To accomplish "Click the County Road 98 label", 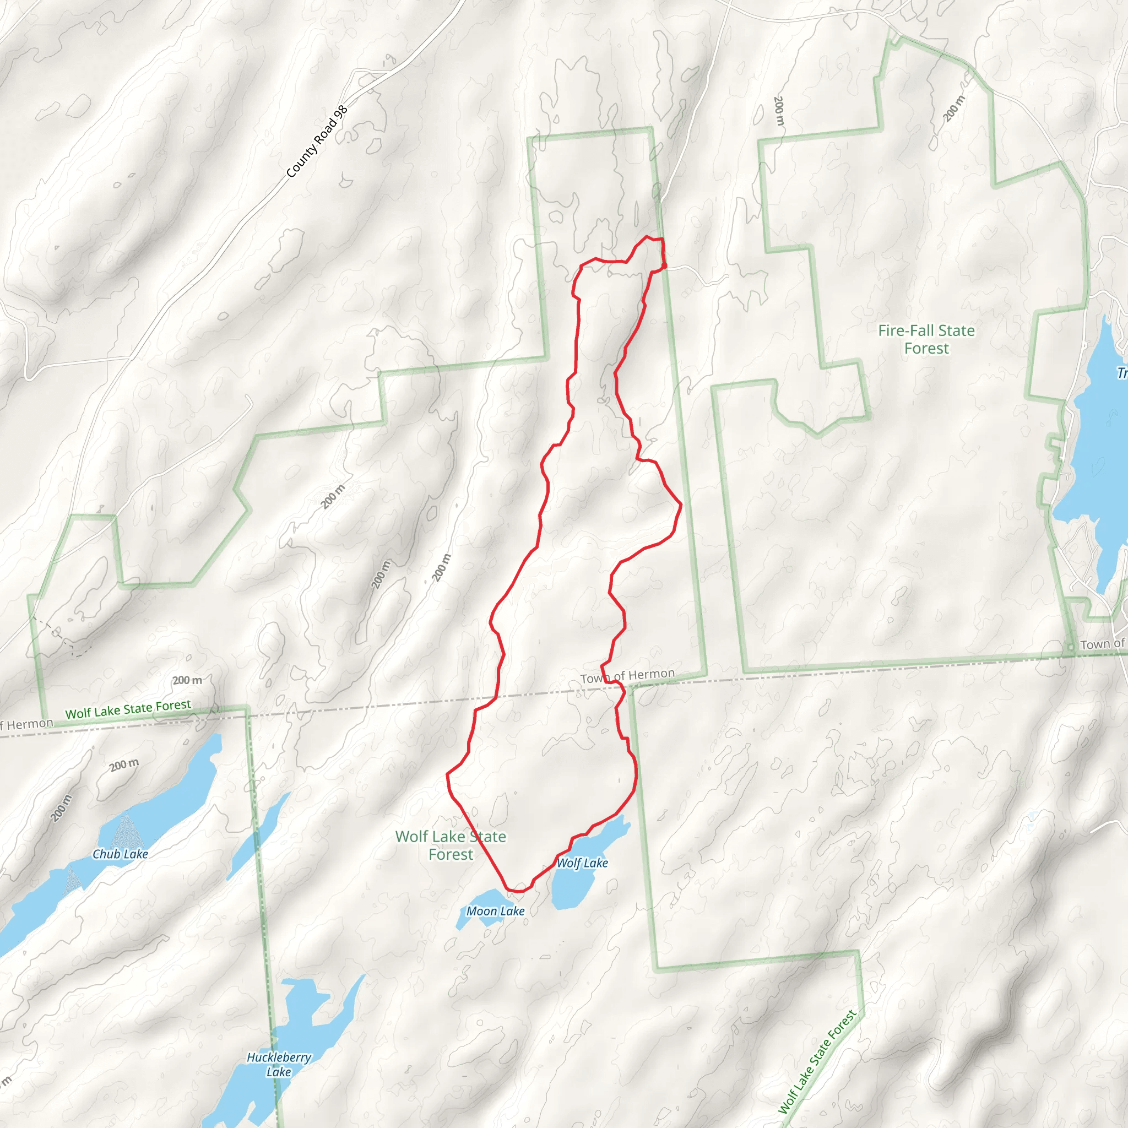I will point(317,142).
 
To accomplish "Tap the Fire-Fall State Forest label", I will point(926,339).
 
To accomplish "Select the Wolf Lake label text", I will point(582,863).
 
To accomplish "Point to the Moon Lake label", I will point(495,911).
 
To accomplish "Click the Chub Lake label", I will point(120,854).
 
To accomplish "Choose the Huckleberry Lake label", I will point(279,1064).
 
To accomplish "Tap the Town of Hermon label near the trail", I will point(628,676).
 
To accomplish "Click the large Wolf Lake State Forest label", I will point(451,845).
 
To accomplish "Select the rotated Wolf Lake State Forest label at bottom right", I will point(817,1061).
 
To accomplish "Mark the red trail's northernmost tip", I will point(647,237).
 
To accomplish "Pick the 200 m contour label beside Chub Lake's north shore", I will point(124,765).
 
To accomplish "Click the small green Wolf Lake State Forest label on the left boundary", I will point(128,709).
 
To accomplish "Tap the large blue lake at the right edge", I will point(1098,467).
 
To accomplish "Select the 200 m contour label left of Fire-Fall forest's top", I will point(778,111).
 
